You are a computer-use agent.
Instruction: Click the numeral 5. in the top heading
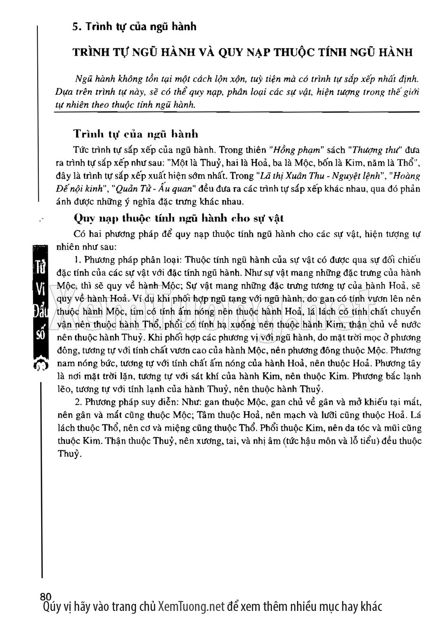[75, 27]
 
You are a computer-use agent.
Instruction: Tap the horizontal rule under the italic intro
[236, 112]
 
